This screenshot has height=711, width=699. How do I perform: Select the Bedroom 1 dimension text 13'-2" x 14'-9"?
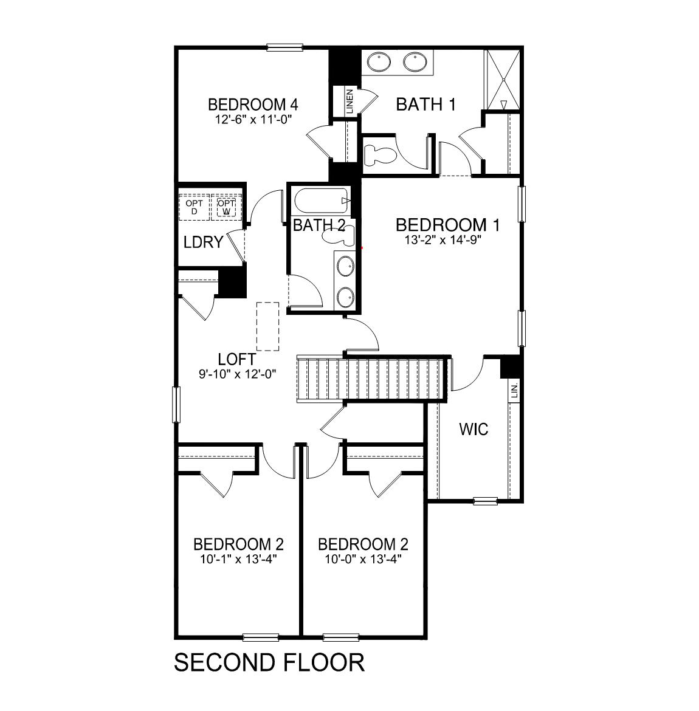click(447, 239)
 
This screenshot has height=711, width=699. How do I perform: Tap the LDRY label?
click(203, 242)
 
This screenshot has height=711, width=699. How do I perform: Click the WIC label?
click(473, 430)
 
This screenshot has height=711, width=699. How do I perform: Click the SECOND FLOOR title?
click(269, 662)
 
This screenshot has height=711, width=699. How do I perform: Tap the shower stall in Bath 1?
click(502, 78)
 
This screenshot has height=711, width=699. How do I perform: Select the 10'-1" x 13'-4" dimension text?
click(238, 558)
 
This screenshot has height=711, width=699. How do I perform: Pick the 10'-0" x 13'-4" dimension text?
click(363, 558)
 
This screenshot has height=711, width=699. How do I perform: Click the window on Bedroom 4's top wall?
click(284, 47)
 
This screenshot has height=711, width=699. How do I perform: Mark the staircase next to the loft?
click(371, 379)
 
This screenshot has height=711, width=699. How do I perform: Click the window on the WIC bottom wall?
click(485, 501)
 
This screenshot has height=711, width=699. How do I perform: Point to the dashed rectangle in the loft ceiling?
click(267, 326)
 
